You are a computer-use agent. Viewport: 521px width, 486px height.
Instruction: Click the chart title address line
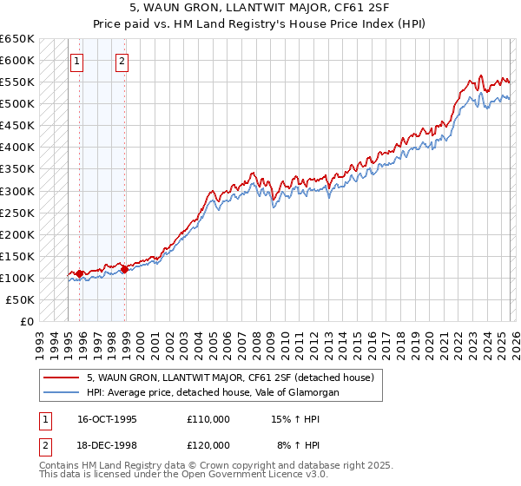[x=260, y=9]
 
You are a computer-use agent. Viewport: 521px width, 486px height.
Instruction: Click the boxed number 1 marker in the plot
[x=78, y=61]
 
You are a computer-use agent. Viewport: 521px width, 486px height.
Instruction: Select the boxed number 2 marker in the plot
[x=122, y=61]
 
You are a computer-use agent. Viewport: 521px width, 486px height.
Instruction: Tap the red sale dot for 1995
[x=80, y=273]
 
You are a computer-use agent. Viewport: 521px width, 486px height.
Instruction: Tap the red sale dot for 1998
[x=124, y=269]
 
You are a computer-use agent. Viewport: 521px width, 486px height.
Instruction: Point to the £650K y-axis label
[x=17, y=39]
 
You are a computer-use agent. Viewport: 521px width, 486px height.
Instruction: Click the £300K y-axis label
[x=17, y=191]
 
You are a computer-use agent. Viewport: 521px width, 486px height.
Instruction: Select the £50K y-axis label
[x=21, y=299]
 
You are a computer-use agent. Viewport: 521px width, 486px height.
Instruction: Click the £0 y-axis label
[x=28, y=321]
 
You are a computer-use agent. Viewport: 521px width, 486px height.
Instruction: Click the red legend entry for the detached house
[x=230, y=378]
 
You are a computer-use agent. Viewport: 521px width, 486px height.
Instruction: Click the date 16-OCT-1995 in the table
[x=107, y=419]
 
